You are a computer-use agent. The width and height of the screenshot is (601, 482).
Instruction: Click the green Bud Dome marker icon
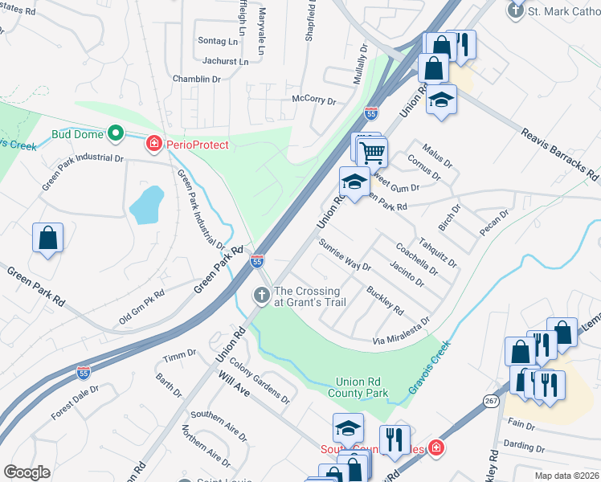pyautogui.click(x=115, y=133)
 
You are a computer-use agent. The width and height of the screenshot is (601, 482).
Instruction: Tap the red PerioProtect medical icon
pyautogui.click(x=153, y=145)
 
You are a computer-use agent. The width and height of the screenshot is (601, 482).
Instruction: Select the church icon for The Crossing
pyautogui.click(x=261, y=296)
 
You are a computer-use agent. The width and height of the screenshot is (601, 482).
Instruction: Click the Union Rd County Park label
pyautogui.click(x=358, y=387)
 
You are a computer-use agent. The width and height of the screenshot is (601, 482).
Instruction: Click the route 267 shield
pyautogui.click(x=492, y=400)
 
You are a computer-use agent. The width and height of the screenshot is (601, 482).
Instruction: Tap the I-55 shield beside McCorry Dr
pyautogui.click(x=370, y=114)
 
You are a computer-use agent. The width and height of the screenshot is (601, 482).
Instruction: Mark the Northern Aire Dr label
pyautogui.click(x=206, y=445)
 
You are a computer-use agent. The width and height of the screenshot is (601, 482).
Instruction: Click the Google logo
pyautogui.click(x=27, y=472)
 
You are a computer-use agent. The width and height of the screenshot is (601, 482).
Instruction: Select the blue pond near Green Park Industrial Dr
pyautogui.click(x=146, y=205)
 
